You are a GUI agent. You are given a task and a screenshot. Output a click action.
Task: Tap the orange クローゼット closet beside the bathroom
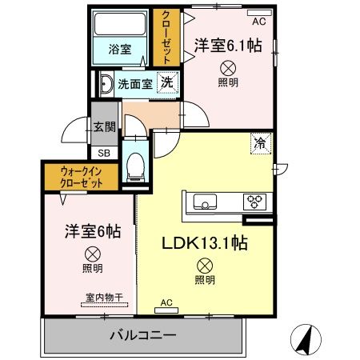[x=166, y=38]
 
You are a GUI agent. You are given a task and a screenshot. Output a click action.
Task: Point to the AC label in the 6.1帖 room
[x=258, y=22]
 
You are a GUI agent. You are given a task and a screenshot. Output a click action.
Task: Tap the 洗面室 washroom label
[x=135, y=82]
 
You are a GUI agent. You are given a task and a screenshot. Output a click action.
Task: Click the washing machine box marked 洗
[x=166, y=82]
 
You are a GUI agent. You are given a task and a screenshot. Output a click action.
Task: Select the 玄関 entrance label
[x=103, y=126]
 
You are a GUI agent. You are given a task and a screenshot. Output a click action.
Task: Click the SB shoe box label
[x=103, y=152]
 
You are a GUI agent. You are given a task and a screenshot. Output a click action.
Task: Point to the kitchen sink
[x=202, y=201]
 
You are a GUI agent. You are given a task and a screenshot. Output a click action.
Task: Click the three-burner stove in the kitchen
[x=254, y=201]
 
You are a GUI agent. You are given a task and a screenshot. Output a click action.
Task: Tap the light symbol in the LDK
[x=205, y=266]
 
